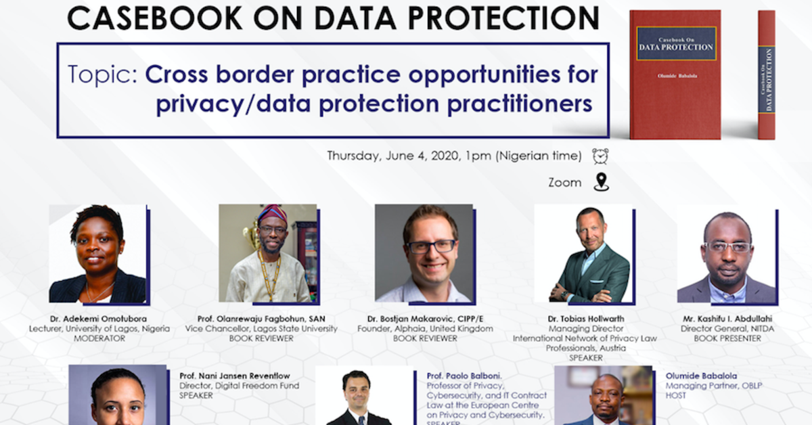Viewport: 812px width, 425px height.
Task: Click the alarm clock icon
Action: click(600, 156)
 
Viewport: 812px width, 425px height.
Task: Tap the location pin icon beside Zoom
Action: click(600, 182)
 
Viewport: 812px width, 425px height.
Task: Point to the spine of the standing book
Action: click(766, 74)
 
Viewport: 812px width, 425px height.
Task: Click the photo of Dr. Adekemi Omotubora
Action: click(97, 253)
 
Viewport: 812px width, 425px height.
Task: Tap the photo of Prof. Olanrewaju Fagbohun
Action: click(268, 253)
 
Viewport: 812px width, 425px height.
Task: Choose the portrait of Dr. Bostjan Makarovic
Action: click(424, 253)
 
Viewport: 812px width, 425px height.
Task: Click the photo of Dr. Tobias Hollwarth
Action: click(583, 253)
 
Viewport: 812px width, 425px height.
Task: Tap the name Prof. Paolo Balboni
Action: click(462, 376)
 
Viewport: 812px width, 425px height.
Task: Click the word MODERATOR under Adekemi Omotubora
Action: click(97, 338)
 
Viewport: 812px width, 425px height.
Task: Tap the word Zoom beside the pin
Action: click(565, 182)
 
